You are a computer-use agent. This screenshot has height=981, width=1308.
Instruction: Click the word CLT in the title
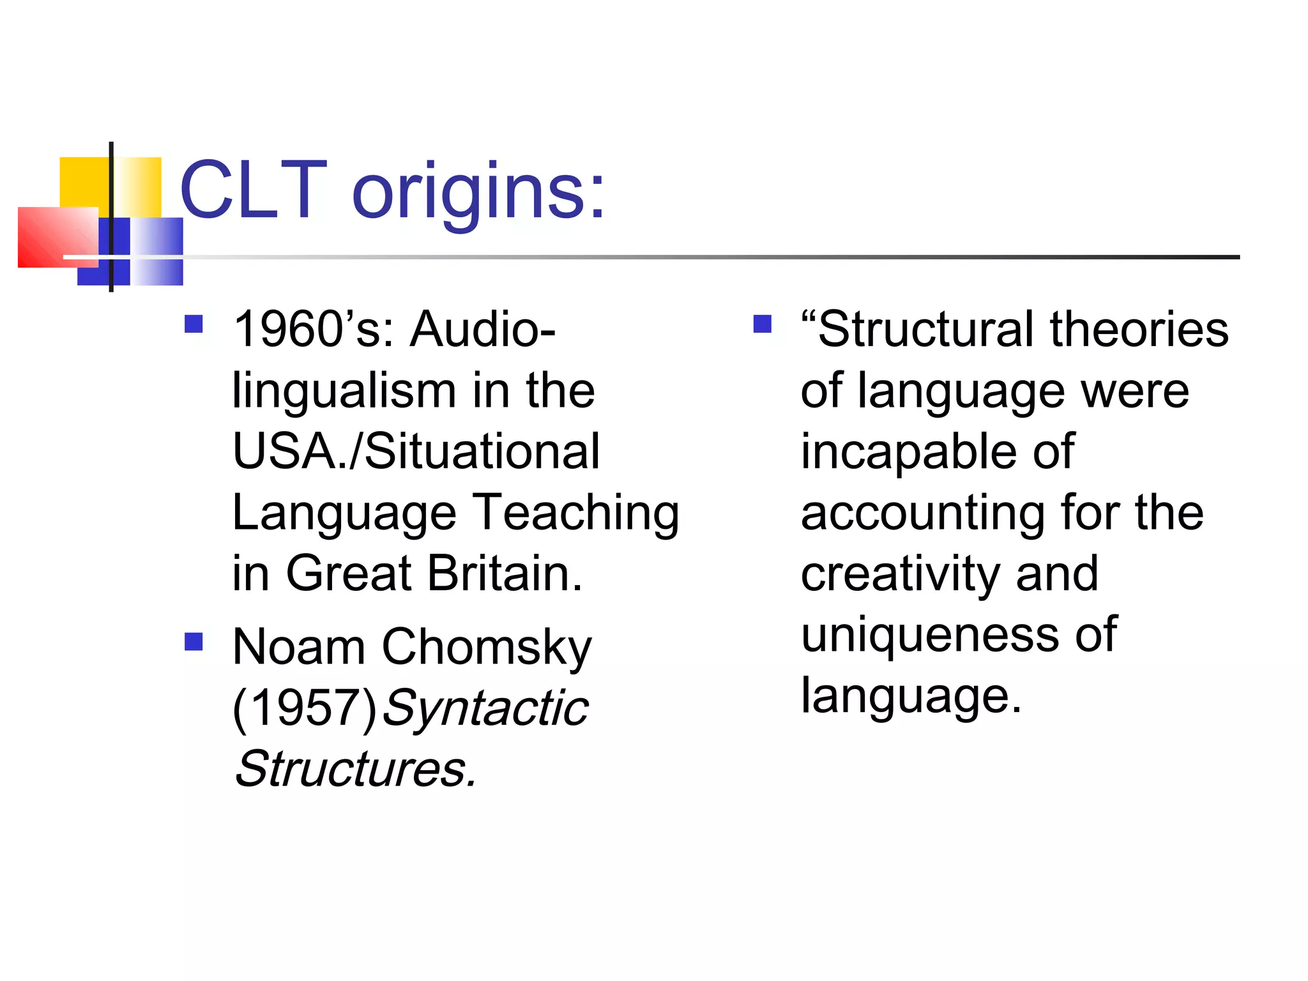point(254,190)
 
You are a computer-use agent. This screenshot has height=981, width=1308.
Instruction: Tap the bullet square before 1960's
point(194,324)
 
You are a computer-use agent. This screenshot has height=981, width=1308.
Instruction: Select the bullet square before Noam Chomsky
point(194,641)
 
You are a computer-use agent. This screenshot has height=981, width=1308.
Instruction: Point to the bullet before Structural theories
point(762,324)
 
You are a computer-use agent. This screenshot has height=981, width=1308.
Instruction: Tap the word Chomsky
point(487,648)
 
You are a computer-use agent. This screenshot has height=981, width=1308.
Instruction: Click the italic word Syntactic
point(485,709)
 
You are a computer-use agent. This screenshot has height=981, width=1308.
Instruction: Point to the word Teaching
point(575,513)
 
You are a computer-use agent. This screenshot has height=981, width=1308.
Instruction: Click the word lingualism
point(344,390)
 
